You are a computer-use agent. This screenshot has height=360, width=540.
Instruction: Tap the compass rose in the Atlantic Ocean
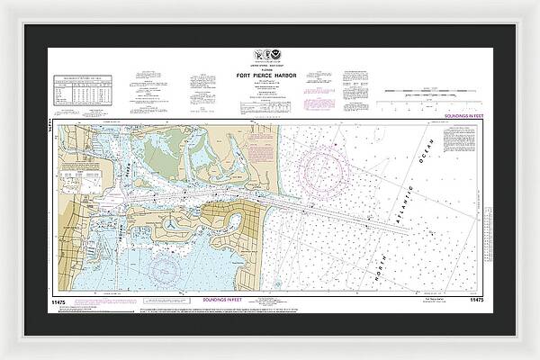[x=321, y=166]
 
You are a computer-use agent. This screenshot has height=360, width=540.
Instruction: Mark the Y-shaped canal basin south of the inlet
[x=171, y=220]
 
